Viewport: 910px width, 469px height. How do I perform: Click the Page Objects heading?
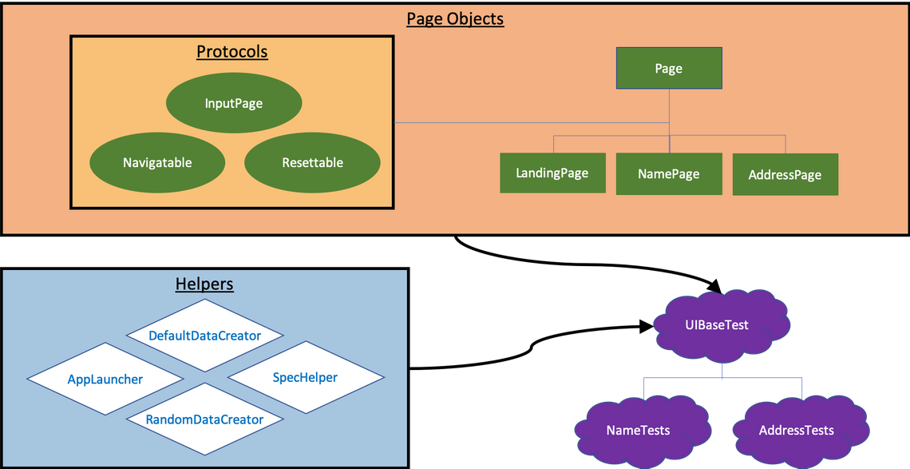pyautogui.click(x=455, y=18)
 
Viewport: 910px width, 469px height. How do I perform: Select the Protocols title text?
pyautogui.click(x=231, y=52)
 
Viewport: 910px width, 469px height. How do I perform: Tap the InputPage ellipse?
pyautogui.click(x=233, y=103)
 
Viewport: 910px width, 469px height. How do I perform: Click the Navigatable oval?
pyautogui.click(x=157, y=162)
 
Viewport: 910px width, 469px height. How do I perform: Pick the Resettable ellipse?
pyautogui.click(x=312, y=162)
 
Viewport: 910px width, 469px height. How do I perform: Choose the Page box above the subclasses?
pyautogui.click(x=669, y=68)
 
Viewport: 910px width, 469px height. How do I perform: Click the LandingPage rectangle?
pyautogui.click(x=552, y=173)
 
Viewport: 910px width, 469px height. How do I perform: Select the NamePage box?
pyautogui.click(x=669, y=173)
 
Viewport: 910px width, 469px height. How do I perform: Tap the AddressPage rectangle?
pyautogui.click(x=785, y=174)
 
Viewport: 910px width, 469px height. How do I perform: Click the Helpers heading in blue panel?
pyautogui.click(x=204, y=284)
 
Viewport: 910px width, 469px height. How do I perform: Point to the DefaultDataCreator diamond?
pyautogui.click(x=205, y=336)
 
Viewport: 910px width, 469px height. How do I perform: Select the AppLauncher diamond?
pyautogui.click(x=105, y=379)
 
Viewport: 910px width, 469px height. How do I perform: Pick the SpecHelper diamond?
pyautogui.click(x=305, y=377)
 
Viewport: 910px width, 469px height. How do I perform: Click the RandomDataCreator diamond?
pyautogui.click(x=204, y=419)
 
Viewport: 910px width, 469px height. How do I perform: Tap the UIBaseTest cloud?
pyautogui.click(x=722, y=325)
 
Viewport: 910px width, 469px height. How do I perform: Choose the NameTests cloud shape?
pyautogui.click(x=638, y=430)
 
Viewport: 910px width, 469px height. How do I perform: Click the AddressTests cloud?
pyautogui.click(x=796, y=430)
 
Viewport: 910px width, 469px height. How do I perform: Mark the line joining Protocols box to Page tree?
pyautogui.click(x=527, y=122)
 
